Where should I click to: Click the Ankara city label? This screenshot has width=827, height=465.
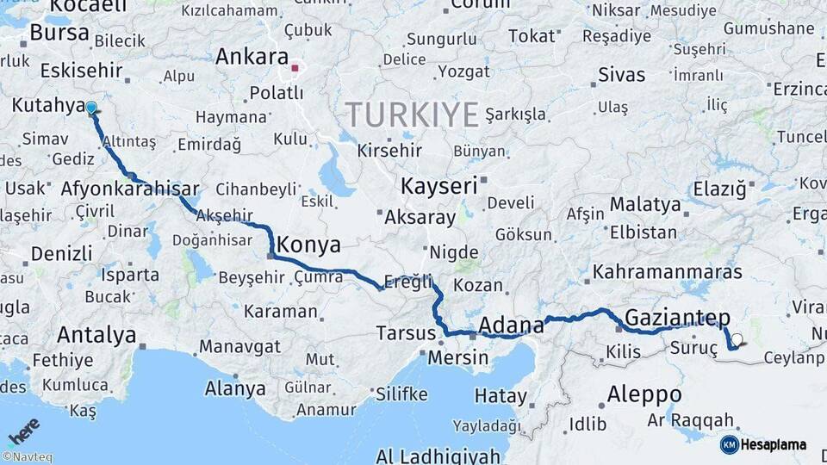click(x=252, y=58)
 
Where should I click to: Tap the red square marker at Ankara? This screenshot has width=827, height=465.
click(x=295, y=67)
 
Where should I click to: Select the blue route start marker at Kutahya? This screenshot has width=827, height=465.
click(x=91, y=108)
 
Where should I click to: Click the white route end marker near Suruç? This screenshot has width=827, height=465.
click(x=737, y=339)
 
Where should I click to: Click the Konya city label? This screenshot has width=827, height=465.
click(x=308, y=245)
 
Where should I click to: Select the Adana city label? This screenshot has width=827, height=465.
click(x=511, y=325)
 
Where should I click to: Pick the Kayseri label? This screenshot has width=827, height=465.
click(x=438, y=185)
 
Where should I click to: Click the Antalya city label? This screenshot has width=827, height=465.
click(x=96, y=334)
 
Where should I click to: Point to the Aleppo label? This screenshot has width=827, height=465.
click(x=644, y=394)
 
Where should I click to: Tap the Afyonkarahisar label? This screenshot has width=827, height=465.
click(x=130, y=189)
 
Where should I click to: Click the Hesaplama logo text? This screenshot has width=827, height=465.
click(x=773, y=445)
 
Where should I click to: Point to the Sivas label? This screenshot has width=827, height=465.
click(x=621, y=75)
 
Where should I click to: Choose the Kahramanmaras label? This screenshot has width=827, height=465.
click(x=666, y=272)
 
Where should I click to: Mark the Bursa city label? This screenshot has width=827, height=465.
click(x=59, y=33)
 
